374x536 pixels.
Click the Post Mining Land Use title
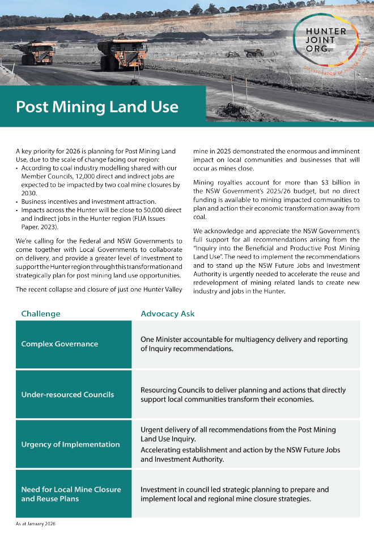(x=97, y=106)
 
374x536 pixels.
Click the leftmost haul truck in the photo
(x=37, y=53)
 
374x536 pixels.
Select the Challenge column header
(x=40, y=314)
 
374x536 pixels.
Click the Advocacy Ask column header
(x=167, y=314)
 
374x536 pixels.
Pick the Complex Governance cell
(x=59, y=344)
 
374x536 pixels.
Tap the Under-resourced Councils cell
(x=67, y=395)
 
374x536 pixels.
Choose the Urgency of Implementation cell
(x=70, y=444)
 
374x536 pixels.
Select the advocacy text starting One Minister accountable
(x=244, y=344)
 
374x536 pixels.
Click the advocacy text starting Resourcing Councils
(x=243, y=395)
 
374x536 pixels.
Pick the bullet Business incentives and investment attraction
(x=85, y=201)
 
